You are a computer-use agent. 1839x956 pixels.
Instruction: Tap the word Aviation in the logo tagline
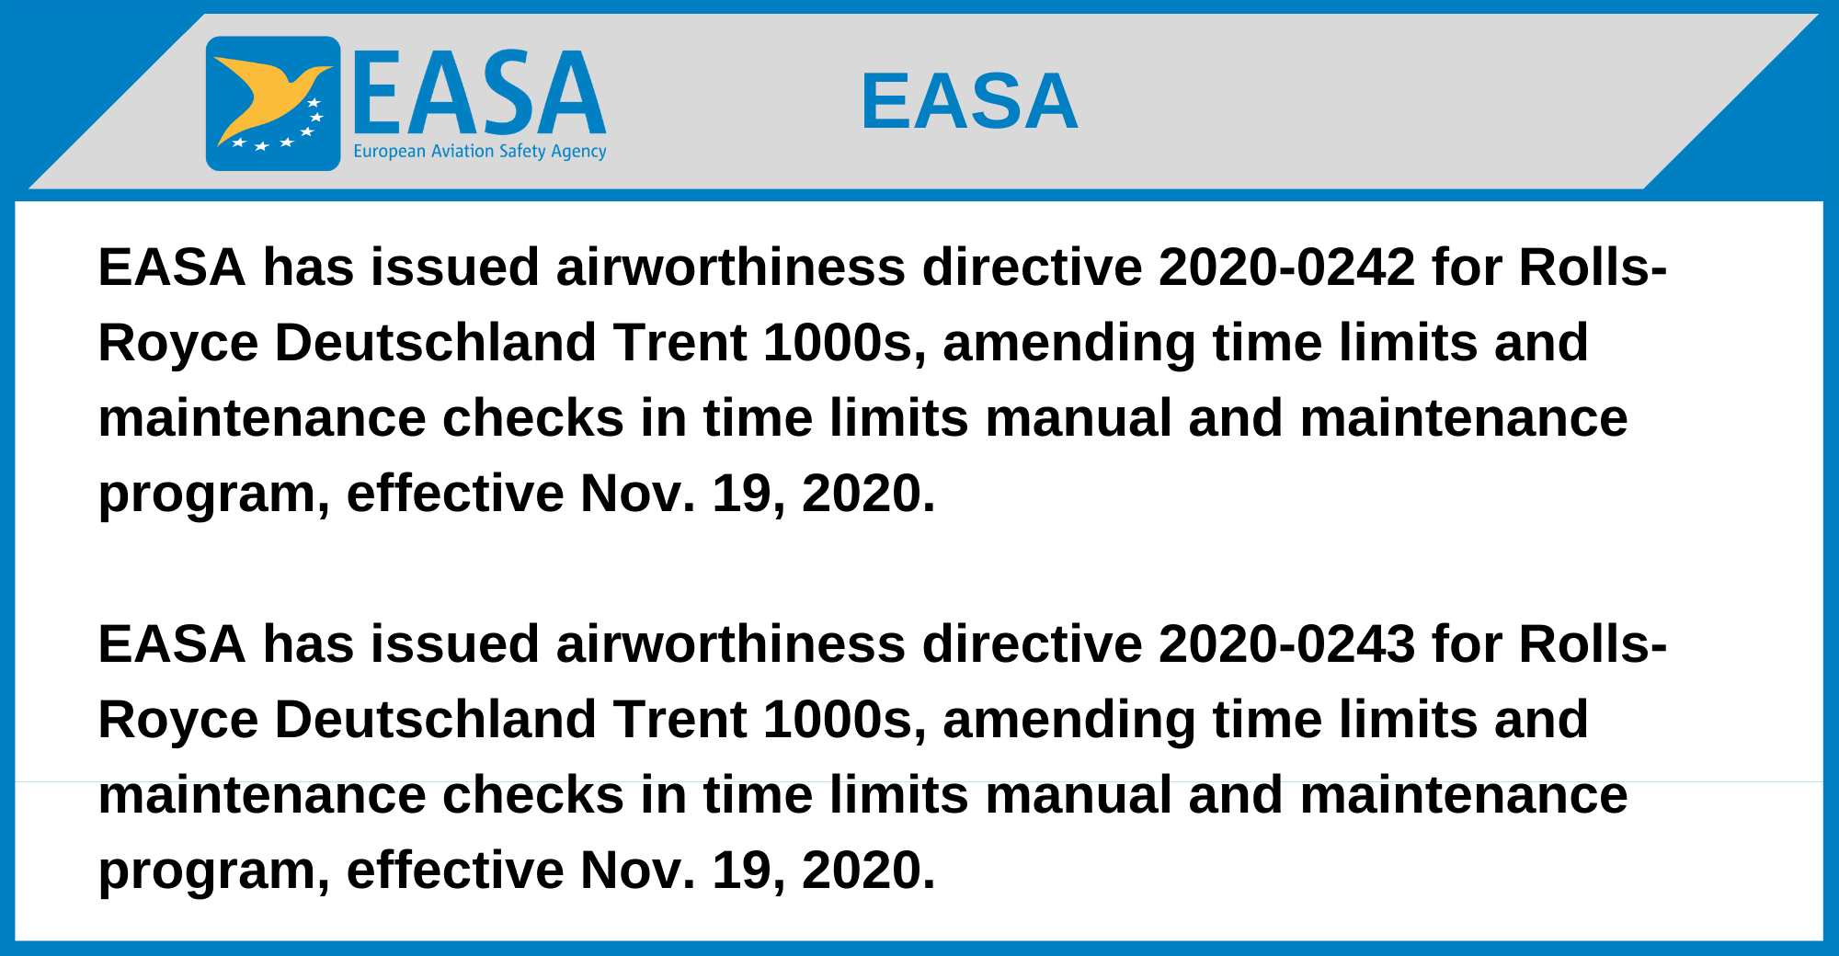[x=463, y=151]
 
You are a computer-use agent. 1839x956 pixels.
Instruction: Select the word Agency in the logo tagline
[x=578, y=152]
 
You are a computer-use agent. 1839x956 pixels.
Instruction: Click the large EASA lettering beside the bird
[x=479, y=92]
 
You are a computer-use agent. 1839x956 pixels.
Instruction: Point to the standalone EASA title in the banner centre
[x=969, y=101]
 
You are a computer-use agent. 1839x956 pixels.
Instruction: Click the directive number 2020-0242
[x=1286, y=267]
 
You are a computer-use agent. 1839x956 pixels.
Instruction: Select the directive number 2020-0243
[x=1286, y=643]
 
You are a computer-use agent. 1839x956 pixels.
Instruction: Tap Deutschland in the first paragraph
[x=436, y=343]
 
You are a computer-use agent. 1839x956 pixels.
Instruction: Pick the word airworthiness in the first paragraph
[x=731, y=267]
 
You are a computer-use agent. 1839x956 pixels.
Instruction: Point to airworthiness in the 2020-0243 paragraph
[x=731, y=643]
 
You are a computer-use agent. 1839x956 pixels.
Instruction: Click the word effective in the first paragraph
[x=455, y=494]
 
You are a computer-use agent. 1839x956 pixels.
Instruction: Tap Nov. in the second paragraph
[x=638, y=870]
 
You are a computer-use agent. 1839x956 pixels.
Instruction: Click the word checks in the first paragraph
[x=533, y=418]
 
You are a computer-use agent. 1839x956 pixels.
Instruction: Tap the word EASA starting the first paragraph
[x=172, y=267]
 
